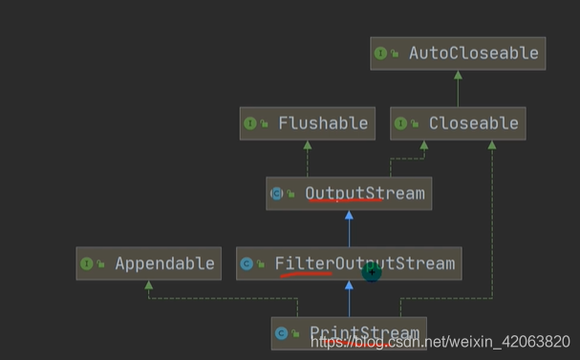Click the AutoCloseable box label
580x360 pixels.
[474, 53]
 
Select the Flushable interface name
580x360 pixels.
[323, 123]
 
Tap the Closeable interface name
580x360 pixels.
[474, 123]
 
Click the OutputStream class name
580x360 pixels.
[365, 193]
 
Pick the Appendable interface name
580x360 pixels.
[164, 264]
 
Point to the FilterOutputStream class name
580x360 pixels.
[365, 264]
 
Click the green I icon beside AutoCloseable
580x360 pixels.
[380, 53]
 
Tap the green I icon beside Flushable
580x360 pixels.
[250, 123]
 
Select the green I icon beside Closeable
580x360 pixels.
[400, 123]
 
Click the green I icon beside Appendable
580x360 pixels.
[87, 264]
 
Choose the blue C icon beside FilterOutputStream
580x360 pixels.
[247, 264]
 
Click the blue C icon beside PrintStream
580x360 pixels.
[282, 333]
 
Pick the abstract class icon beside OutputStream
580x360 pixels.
[277, 193]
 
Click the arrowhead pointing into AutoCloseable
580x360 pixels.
[458, 75]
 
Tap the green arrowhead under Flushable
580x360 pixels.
[308, 145]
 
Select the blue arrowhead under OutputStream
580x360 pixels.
[349, 215]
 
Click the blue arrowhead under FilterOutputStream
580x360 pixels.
[349, 285]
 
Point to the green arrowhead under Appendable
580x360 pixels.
[149, 285]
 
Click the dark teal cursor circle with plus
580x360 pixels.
[372, 272]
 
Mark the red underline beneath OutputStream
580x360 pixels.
[346, 201]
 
